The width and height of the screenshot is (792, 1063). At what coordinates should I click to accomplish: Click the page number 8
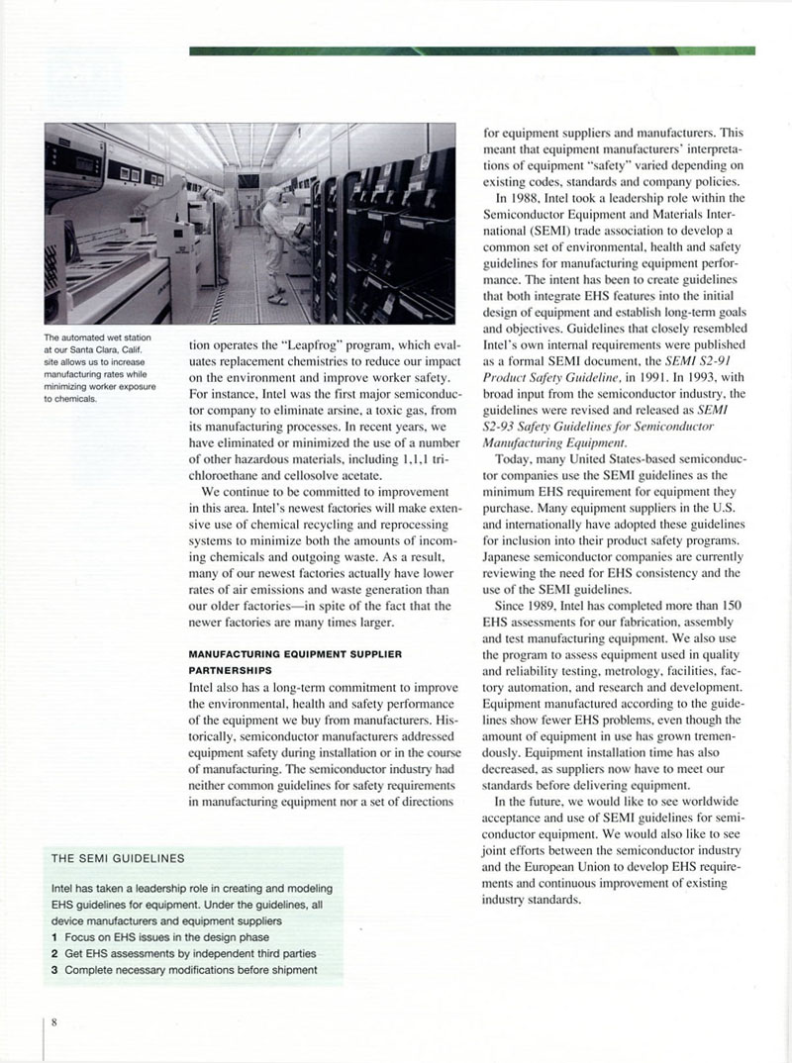(55, 1023)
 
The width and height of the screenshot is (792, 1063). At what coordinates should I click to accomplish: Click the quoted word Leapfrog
(308, 346)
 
